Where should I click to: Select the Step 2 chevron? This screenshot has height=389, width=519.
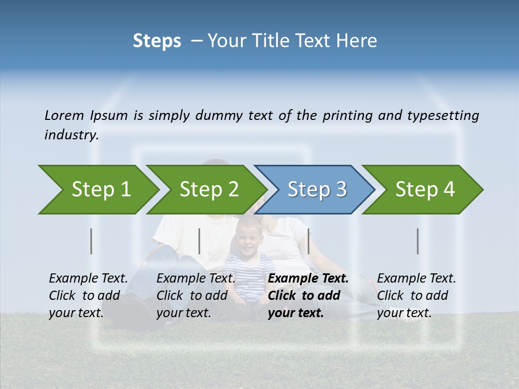(208, 190)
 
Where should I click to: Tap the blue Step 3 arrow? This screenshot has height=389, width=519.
(316, 190)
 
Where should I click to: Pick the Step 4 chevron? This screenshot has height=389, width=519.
(424, 190)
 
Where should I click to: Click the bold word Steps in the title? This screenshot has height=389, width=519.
(157, 41)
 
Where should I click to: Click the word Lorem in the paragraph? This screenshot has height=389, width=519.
(64, 116)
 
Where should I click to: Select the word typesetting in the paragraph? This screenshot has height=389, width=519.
(443, 116)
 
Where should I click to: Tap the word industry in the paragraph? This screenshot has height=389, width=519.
(71, 135)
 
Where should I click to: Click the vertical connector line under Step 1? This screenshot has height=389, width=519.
(91, 241)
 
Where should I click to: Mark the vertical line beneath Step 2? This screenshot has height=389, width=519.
(199, 241)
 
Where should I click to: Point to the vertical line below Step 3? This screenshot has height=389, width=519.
(308, 241)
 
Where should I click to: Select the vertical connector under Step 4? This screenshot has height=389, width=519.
(417, 241)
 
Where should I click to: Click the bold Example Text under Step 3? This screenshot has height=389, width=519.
(308, 279)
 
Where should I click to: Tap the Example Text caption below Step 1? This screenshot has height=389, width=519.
(88, 279)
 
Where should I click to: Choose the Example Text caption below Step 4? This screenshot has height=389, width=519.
(416, 279)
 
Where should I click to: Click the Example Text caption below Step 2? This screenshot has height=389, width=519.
(196, 279)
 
